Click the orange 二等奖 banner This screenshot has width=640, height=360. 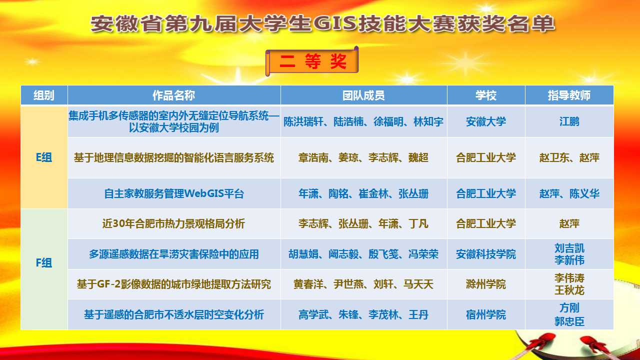312,61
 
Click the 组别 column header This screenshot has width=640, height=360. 44,95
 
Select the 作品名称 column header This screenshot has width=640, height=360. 173,95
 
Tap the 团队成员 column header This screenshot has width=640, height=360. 363,95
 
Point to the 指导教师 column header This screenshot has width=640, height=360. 569,95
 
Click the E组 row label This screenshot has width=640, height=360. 44,157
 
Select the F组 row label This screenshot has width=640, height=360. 44,263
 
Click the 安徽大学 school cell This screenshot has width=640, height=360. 485,121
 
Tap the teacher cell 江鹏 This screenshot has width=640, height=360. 569,121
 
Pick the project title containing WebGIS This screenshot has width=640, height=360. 173,193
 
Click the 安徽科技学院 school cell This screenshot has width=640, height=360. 485,254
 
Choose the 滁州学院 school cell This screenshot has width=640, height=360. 485,284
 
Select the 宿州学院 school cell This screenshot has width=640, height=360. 485,315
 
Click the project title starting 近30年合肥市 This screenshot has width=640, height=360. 173,223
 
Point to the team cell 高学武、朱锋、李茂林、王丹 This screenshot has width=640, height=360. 363,315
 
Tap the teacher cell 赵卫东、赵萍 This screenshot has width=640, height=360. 569,157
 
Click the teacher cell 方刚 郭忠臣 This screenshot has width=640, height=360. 569,314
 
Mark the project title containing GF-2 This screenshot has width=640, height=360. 173,284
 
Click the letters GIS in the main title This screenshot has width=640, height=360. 335,23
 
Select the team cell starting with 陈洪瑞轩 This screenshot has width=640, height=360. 363,121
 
